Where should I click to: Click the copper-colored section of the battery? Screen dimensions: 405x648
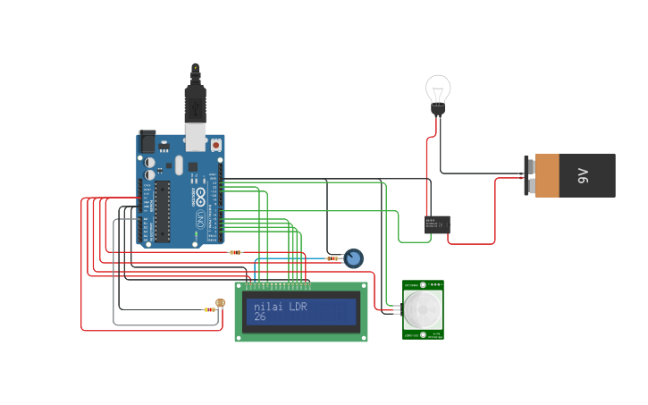[x=546, y=175]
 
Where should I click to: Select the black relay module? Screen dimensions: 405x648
[x=437, y=224]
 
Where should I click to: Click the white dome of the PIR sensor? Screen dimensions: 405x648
[x=422, y=309]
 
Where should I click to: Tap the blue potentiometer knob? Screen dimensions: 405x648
[x=353, y=258]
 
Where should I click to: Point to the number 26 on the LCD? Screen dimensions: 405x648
[x=259, y=316]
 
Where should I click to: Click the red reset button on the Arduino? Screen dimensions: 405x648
[x=215, y=144]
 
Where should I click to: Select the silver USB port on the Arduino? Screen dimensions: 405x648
[x=195, y=137]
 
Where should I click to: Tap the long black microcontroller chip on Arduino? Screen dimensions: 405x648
[x=162, y=211]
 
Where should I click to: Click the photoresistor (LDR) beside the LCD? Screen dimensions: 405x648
[x=221, y=303]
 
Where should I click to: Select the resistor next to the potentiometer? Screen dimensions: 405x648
[x=332, y=258]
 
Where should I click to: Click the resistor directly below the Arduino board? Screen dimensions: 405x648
[x=235, y=252]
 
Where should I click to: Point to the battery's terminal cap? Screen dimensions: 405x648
[x=528, y=175]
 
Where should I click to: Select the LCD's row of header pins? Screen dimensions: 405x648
[x=279, y=285]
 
